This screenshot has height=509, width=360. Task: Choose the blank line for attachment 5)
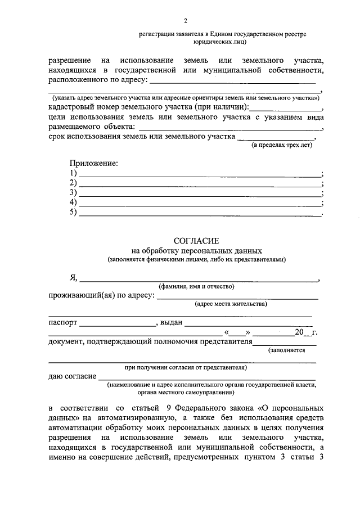(200, 214)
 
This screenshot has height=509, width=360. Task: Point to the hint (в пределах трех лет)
(281, 145)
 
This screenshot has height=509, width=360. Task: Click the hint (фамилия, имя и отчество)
(196, 286)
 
